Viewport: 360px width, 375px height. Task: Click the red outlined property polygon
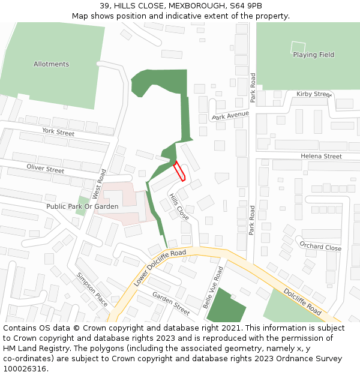coord(179,171)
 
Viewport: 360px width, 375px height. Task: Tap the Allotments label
coord(51,64)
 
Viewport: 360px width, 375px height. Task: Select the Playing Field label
coord(313,55)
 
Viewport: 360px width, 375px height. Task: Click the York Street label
coord(58,131)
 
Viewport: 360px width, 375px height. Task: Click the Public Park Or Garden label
coord(82,206)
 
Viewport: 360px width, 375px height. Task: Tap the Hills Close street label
coord(179,206)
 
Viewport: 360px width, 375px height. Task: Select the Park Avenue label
coord(230,115)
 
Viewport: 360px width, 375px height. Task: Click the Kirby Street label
coord(314,94)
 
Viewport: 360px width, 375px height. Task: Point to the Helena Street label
coord(321,157)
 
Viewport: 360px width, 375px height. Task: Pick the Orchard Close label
coord(320,247)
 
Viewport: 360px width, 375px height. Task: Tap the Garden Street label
coord(170,304)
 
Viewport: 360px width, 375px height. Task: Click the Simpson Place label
coord(92,289)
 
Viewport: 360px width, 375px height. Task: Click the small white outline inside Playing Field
coord(298,46)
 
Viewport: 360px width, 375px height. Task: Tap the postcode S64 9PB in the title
coord(242,5)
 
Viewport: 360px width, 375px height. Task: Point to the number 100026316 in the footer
coord(24,368)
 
